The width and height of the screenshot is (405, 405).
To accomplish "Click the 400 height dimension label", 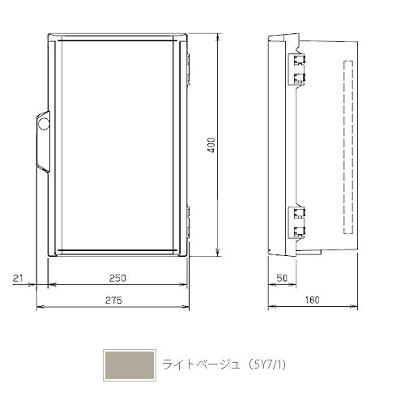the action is tap(212, 145).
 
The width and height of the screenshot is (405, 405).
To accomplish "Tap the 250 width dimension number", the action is tap(117, 278).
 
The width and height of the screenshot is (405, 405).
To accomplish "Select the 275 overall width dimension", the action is tap(113, 300).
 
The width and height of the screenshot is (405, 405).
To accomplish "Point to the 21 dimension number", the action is tap(18, 278).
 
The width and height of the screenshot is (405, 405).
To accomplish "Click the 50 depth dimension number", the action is tap(282, 278).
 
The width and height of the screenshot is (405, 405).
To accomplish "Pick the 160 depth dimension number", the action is tap(313, 300).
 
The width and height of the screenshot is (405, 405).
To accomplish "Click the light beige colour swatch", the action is tap(130, 365).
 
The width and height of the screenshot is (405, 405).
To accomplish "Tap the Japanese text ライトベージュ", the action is tap(201, 364).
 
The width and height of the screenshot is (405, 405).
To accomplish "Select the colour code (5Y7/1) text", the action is tap(266, 364).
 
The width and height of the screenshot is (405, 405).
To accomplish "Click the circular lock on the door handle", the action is tap(44, 124).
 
